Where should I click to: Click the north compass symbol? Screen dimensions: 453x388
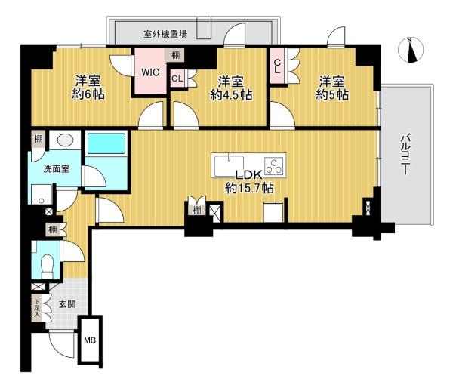click(x=411, y=49)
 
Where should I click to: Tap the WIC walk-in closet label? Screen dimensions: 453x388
click(x=150, y=72)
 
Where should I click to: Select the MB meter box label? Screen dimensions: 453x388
click(x=90, y=340)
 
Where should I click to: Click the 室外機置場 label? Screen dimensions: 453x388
click(x=165, y=34)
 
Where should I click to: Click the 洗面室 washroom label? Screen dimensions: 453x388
click(x=56, y=169)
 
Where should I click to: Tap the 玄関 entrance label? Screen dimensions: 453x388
click(x=68, y=304)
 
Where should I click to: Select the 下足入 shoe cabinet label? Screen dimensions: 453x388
click(x=37, y=307)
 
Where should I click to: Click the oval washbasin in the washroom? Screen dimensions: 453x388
click(x=65, y=140)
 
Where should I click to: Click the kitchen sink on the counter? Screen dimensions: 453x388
click(x=229, y=165)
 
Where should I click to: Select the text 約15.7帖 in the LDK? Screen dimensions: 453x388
click(x=250, y=189)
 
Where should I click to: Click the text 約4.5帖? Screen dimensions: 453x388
click(x=231, y=95)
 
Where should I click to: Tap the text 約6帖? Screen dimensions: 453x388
click(x=88, y=94)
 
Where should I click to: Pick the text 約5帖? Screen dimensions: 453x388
click(x=332, y=95)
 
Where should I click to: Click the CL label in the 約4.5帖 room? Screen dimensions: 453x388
click(x=177, y=79)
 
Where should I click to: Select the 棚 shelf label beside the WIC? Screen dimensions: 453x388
click(x=175, y=55)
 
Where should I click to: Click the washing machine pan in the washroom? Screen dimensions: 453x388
click(x=42, y=194)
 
